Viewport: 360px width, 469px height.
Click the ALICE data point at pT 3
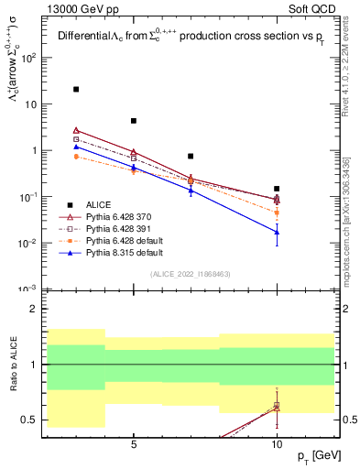tap(76, 90)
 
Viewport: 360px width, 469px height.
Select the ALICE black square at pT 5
tap(134, 121)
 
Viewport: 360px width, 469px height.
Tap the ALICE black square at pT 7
tap(191, 157)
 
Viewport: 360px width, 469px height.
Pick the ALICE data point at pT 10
tap(277, 189)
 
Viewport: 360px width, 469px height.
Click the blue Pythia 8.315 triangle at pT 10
tap(277, 232)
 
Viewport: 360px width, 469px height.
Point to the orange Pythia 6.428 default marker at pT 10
tap(277, 213)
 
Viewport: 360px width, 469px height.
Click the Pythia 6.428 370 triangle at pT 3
tap(76, 130)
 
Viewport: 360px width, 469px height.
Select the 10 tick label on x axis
tap(277, 442)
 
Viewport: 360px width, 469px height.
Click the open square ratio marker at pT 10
tap(277, 407)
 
